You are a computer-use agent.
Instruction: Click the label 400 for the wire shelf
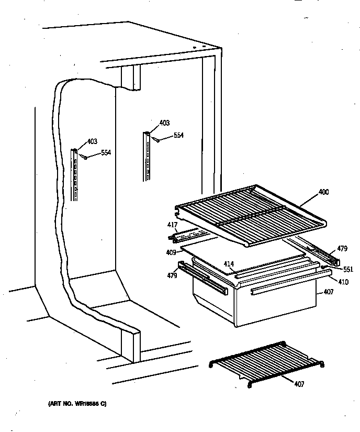point(324,193)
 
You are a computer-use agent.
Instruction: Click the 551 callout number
point(348,270)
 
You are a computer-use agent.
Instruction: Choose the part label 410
point(343,281)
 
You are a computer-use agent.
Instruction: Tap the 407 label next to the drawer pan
point(328,291)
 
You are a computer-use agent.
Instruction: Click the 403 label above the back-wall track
point(164,124)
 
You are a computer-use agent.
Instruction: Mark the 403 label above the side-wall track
point(92,141)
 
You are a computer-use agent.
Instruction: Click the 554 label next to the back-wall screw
point(178,135)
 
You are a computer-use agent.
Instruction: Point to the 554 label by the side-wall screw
point(106,152)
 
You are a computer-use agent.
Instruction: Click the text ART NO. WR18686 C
point(78,404)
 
